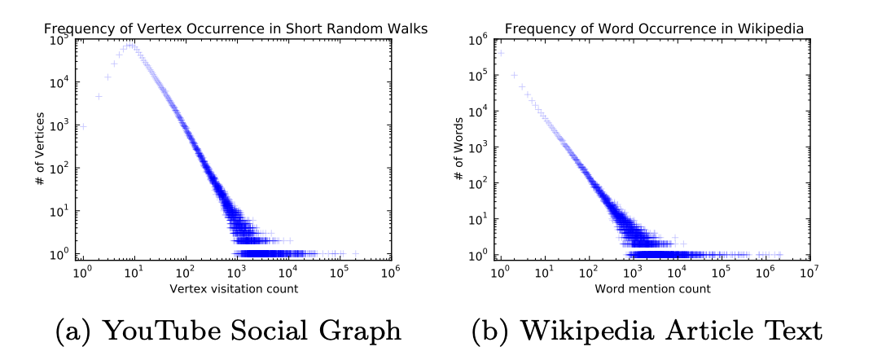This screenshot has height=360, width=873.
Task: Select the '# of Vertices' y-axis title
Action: click(x=39, y=147)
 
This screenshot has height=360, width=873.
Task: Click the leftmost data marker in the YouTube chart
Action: click(x=83, y=126)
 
